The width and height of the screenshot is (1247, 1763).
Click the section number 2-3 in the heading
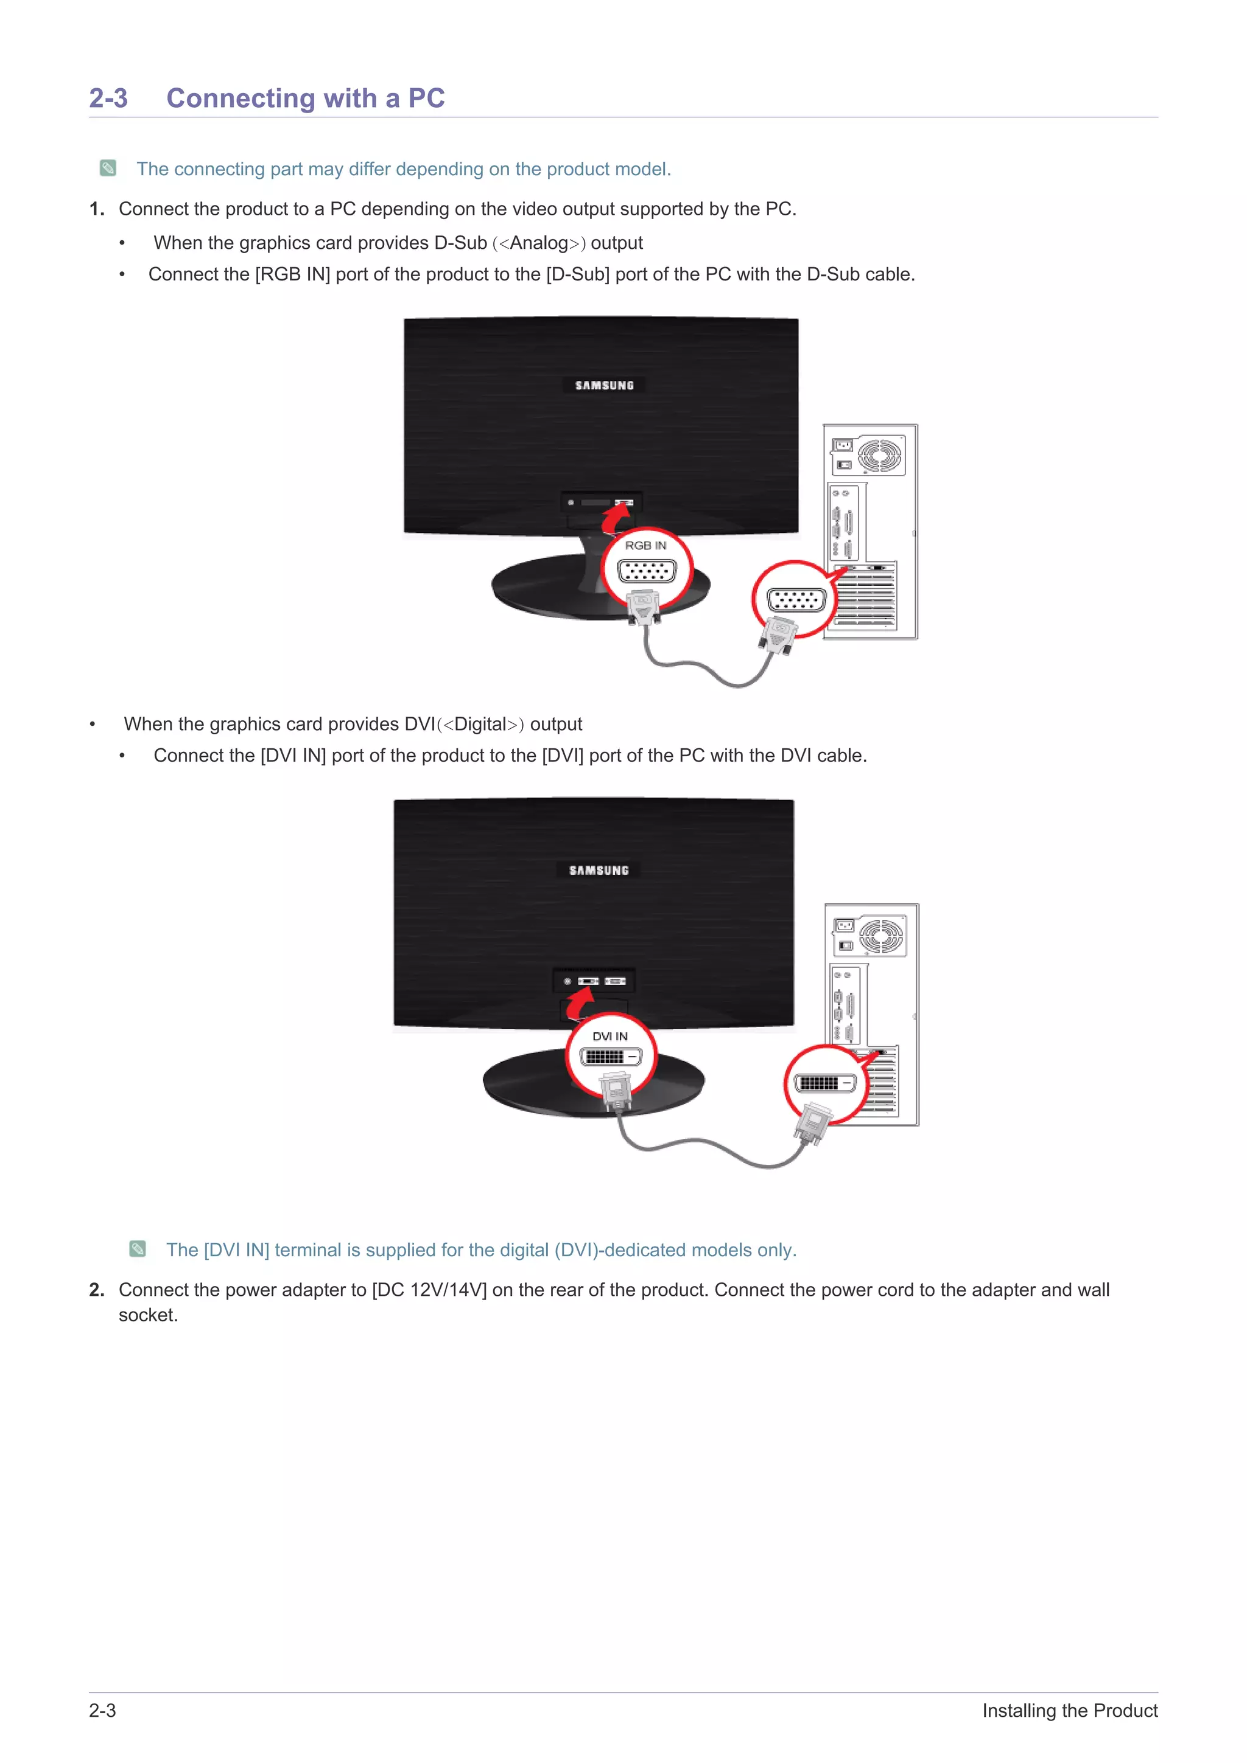108,99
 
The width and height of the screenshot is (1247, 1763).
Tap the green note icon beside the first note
108,168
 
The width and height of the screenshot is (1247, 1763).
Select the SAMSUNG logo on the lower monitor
599,870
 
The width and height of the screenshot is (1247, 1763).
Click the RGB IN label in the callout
645,545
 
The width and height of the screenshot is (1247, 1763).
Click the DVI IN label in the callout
610,1036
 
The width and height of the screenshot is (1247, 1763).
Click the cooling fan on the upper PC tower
880,456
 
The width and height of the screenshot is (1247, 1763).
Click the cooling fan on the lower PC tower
881,937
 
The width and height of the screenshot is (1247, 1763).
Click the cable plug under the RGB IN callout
643,607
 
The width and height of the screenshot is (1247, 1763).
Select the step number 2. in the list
97,1290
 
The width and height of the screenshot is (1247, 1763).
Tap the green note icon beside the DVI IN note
138,1250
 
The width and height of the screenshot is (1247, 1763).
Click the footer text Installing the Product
1070,1711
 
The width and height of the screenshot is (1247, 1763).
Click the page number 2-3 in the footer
102,1711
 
